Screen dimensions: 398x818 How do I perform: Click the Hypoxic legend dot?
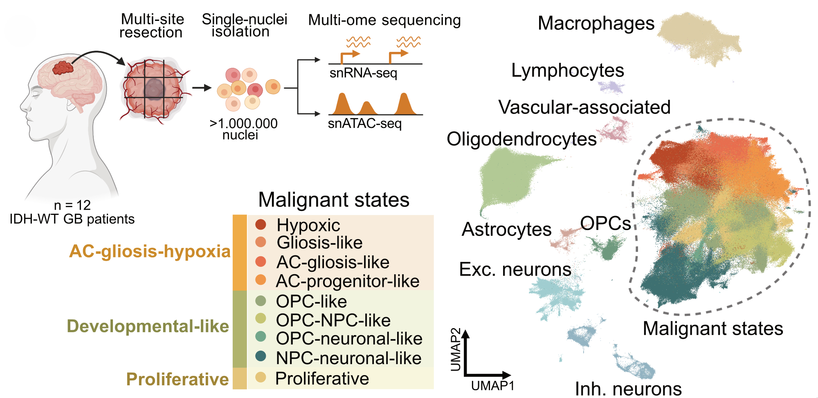[261, 224]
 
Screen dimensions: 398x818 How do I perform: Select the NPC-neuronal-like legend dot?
[261, 356]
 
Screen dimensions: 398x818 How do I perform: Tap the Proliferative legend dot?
[261, 377]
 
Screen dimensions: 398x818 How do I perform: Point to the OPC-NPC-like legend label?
[333, 320]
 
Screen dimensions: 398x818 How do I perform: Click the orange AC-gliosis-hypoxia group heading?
[150, 251]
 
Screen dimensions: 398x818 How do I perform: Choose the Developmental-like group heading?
[148, 326]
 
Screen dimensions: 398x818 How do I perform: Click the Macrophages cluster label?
[596, 23]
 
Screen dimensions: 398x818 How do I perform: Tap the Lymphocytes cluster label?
[567, 71]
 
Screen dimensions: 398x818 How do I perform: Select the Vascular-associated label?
[584, 107]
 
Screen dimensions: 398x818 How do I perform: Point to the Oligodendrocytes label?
[521, 139]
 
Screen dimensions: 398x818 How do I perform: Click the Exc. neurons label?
[515, 270]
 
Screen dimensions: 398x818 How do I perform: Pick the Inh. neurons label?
[628, 389]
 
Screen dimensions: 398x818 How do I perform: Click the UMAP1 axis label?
[492, 386]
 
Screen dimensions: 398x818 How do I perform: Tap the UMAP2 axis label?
[455, 349]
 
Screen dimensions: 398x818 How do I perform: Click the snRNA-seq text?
[363, 73]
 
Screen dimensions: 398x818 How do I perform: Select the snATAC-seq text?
[365, 123]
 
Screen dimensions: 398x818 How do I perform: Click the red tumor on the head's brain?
[63, 68]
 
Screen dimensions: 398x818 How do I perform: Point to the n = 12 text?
[72, 205]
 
